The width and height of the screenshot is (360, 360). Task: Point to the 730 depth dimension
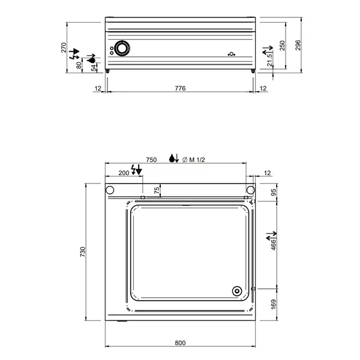[83, 251]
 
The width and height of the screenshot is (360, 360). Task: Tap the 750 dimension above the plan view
[151, 160]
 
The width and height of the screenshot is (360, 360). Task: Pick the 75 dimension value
[157, 190]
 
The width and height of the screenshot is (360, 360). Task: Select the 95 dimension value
[274, 193]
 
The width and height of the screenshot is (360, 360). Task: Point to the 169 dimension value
[274, 304]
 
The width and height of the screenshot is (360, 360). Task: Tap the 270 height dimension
[64, 48]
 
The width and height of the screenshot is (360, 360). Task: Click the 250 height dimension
[283, 46]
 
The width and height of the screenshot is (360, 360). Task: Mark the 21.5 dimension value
[270, 59]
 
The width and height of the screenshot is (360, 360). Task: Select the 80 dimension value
[79, 65]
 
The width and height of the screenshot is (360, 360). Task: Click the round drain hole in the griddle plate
[238, 292]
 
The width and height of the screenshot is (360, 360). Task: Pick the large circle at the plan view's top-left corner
[110, 190]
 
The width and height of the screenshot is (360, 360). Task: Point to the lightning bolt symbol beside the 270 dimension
[74, 53]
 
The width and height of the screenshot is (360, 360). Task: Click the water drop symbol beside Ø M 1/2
[173, 159]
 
